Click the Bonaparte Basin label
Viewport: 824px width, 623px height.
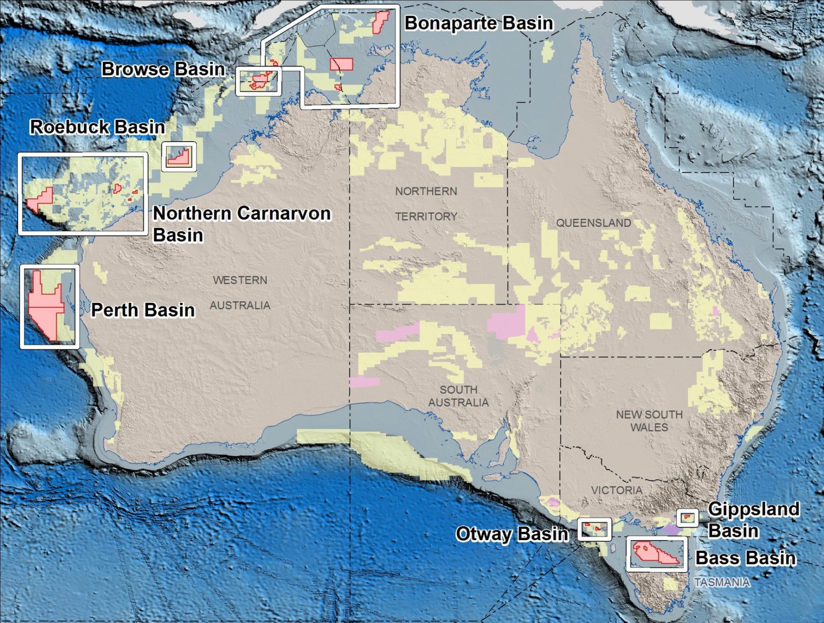(479, 23)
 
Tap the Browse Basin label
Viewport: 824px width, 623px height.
(163, 69)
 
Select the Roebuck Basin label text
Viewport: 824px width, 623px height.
(97, 127)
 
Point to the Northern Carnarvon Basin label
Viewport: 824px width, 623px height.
(242, 224)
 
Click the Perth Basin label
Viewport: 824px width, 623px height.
(143, 310)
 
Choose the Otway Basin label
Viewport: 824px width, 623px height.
(512, 534)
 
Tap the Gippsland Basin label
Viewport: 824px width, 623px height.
(753, 520)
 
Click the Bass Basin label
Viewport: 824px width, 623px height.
(745, 558)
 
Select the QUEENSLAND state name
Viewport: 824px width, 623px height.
(594, 223)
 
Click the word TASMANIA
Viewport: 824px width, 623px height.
(722, 582)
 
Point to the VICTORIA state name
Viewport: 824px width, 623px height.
(617, 490)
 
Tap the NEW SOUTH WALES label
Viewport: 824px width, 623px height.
(649, 420)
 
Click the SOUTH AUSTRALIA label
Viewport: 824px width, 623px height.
(458, 396)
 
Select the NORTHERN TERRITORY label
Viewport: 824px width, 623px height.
(426, 204)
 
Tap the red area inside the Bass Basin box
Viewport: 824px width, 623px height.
(654, 553)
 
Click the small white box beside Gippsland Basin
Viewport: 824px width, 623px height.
(688, 518)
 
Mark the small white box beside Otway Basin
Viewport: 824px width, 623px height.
(594, 529)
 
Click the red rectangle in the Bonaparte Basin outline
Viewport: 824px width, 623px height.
(342, 64)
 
